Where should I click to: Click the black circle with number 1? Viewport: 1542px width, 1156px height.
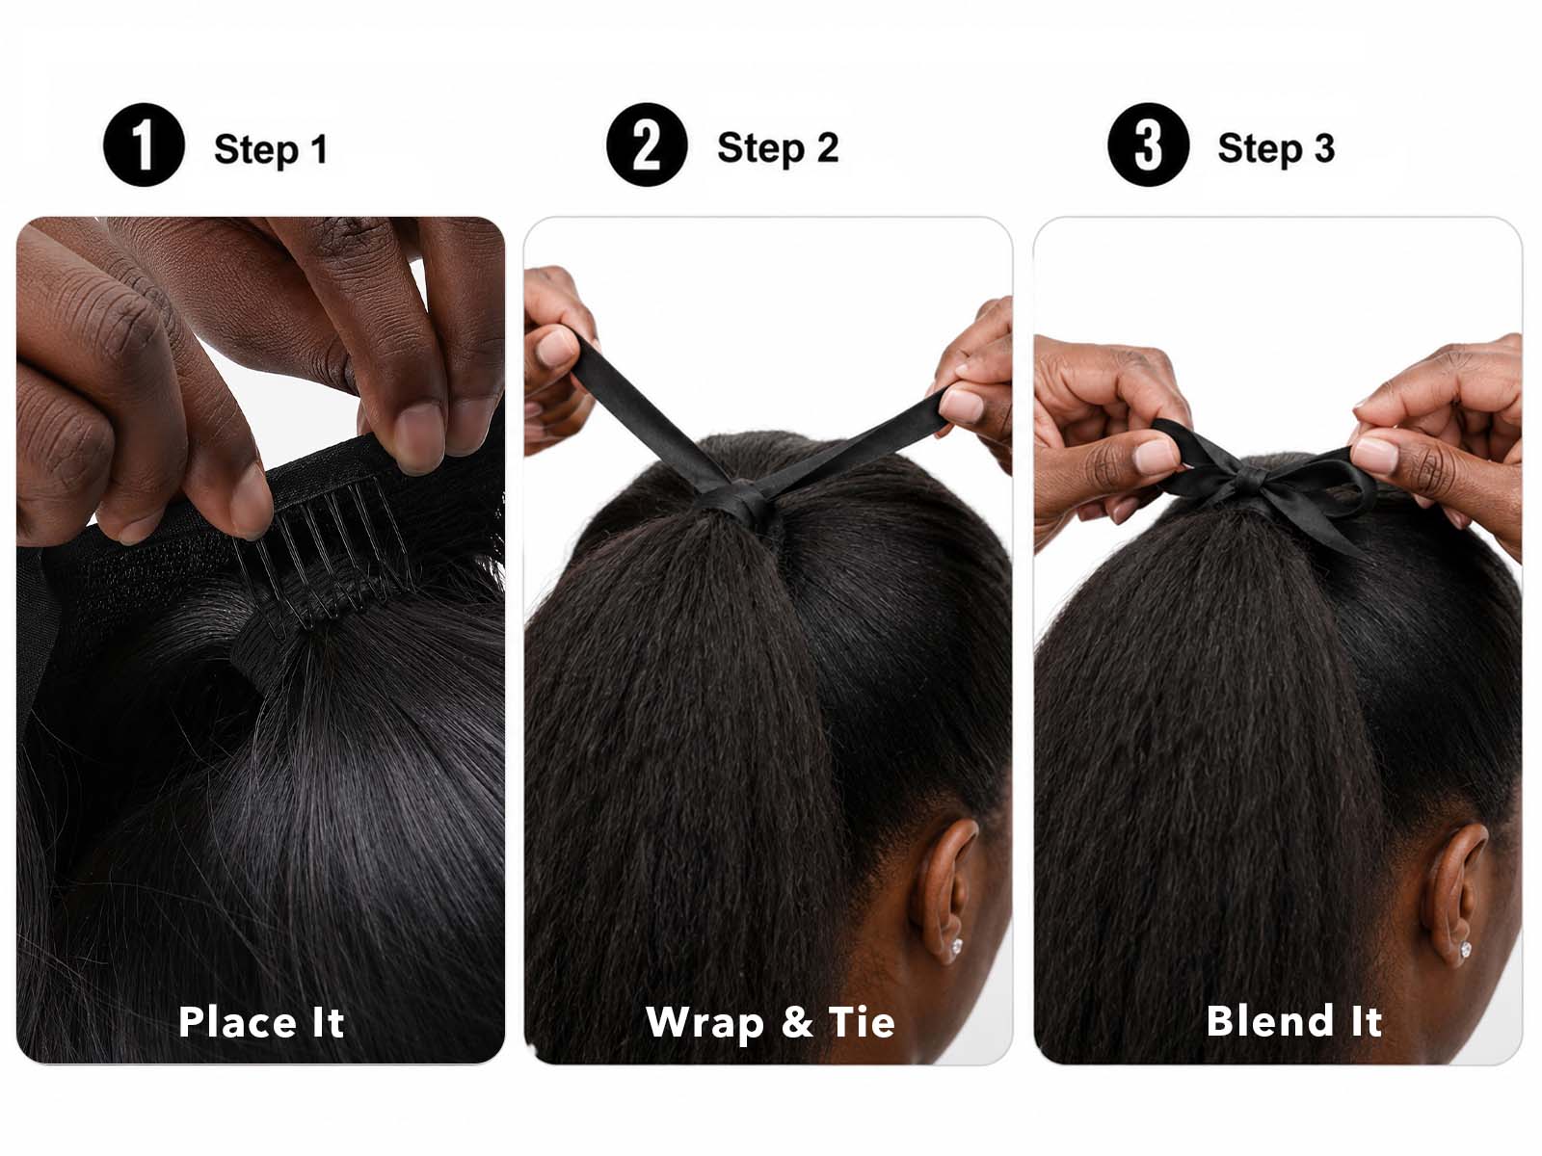(144, 145)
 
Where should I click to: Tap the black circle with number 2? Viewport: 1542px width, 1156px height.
(647, 144)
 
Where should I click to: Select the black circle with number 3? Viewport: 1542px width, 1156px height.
(1148, 144)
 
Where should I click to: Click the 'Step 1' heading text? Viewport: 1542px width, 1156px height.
(271, 150)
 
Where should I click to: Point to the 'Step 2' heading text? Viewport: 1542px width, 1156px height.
(778, 148)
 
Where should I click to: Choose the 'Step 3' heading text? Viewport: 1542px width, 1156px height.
(1276, 148)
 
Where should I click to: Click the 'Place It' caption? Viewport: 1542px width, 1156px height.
(261, 1022)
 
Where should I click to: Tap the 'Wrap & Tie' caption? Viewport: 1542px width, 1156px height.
(771, 1023)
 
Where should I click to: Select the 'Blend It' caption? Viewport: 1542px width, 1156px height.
(1294, 1020)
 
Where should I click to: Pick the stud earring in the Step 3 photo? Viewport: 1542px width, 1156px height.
(1466, 950)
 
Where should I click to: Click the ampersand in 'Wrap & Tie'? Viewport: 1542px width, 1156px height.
(797, 1023)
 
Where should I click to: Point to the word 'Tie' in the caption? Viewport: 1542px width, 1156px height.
(862, 1022)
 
